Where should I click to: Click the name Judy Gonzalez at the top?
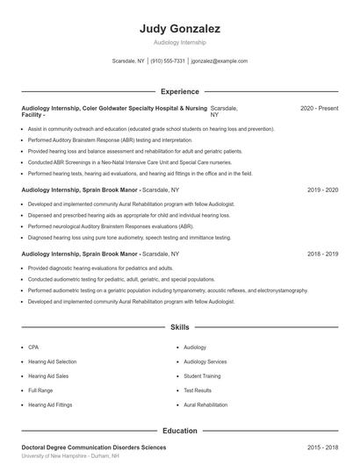pos(179,29)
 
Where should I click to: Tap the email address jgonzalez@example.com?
pos(219,61)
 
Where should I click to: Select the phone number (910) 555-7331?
pos(168,61)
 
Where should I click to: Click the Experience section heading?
pos(179,90)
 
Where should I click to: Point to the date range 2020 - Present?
pos(319,108)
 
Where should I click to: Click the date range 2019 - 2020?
pos(322,190)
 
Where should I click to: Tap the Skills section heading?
pos(179,327)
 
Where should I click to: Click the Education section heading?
pos(179,431)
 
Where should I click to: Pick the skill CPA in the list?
pos(32,347)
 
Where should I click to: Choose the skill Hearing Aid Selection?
pos(52,361)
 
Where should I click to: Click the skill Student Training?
pos(202,376)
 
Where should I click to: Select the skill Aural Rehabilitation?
pos(206,404)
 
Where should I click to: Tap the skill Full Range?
pos(40,390)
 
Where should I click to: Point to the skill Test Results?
pos(198,390)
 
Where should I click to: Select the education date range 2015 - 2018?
pos(322,447)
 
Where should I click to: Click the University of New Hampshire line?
pos(70,457)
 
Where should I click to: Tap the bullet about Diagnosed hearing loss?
pos(129,237)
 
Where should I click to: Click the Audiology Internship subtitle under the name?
pos(179,41)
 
